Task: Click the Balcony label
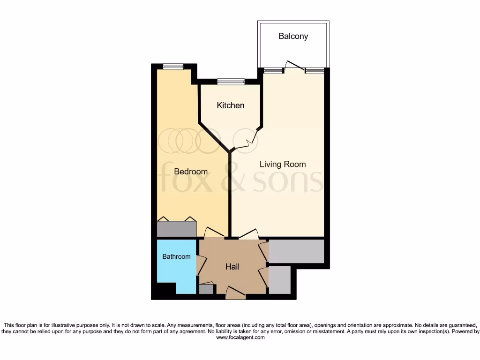293,36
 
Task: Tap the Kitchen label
230,105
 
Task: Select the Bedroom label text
190,172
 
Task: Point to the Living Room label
283,164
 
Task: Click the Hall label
232,267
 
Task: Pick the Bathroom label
176,256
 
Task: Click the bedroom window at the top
173,67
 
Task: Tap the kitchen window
231,82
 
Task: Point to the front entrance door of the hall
235,293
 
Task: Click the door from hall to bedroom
214,233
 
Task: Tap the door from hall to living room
248,234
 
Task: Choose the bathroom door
201,265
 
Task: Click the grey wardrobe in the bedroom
176,229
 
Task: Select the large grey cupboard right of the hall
296,251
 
